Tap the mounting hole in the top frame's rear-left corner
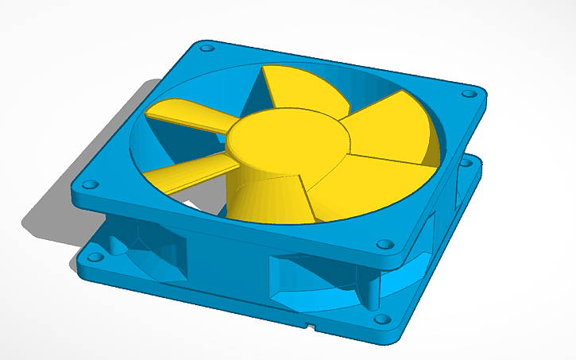coord(207,48)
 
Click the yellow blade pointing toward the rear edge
coord(302,87)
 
